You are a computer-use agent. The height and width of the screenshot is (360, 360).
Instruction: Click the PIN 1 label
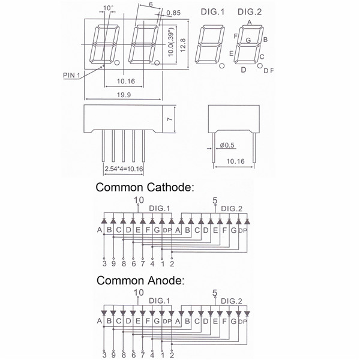pyautogui.click(x=71, y=75)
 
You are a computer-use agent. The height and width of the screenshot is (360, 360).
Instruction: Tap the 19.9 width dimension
pyautogui.click(x=124, y=95)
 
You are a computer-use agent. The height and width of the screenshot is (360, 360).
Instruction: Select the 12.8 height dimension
pyautogui.click(x=183, y=45)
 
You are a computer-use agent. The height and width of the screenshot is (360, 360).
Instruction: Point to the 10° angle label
pyautogui.click(x=108, y=8)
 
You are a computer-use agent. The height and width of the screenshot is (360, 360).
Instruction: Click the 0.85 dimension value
pyautogui.click(x=173, y=13)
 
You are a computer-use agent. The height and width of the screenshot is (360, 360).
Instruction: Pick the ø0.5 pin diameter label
pyautogui.click(x=227, y=145)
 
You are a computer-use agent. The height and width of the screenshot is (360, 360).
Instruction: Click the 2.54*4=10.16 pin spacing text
pyautogui.click(x=124, y=169)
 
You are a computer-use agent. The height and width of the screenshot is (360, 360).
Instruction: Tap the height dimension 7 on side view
pyautogui.click(x=170, y=119)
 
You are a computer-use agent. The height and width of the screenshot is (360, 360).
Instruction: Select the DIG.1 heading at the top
pyautogui.click(x=212, y=12)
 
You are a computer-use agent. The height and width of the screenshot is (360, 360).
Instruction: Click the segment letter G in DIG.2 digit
pyautogui.click(x=248, y=40)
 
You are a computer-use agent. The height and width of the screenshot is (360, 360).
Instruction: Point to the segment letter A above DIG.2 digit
pyautogui.click(x=250, y=22)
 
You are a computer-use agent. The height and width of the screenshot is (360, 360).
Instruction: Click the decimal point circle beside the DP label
pyautogui.click(x=260, y=65)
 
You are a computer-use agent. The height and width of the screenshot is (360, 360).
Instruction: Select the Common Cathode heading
pyautogui.click(x=145, y=187)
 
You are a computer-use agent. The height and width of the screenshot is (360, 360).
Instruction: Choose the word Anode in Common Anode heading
pyautogui.click(x=166, y=280)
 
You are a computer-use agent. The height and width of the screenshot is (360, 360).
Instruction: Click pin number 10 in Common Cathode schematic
pyautogui.click(x=139, y=200)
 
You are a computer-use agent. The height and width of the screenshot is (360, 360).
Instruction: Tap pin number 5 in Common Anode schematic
pyautogui.click(x=215, y=293)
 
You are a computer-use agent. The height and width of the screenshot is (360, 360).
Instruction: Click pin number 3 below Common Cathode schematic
pyautogui.click(x=104, y=263)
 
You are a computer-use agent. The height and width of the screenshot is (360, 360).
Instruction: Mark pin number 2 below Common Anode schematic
pyautogui.click(x=172, y=355)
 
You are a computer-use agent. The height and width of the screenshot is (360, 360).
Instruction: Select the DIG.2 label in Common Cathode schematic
pyautogui.click(x=232, y=209)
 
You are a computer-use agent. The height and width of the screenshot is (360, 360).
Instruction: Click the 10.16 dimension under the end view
pyautogui.click(x=235, y=161)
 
